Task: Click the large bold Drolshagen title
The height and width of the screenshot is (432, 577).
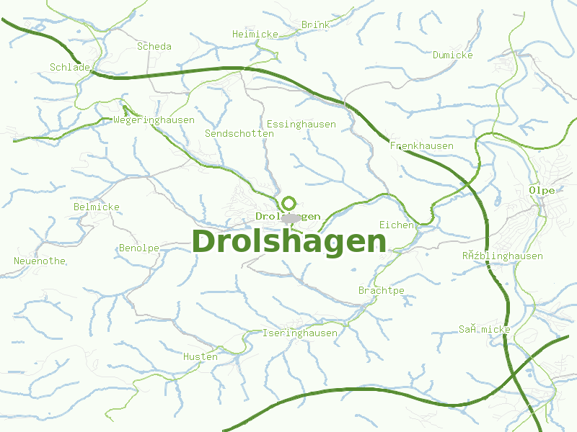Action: [x=289, y=242]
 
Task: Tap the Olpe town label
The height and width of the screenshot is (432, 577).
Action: [x=542, y=190]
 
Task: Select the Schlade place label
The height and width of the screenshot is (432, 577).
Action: [x=70, y=67]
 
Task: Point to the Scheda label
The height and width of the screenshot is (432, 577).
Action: [x=154, y=46]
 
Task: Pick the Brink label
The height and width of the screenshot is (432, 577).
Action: [x=315, y=24]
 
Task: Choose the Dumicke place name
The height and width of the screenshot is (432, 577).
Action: [x=452, y=55]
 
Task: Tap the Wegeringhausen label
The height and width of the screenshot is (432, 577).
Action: [x=154, y=120]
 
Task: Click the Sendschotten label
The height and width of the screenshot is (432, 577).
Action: [x=239, y=133]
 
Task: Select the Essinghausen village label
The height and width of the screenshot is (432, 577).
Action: [x=301, y=124]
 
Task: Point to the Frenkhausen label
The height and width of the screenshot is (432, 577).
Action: [x=421, y=145]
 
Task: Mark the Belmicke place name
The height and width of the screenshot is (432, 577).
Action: [x=96, y=207]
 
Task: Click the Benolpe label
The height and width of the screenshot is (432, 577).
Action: [x=139, y=248]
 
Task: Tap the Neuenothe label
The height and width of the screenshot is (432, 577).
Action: [x=40, y=261]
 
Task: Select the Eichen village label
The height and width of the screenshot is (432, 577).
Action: [x=397, y=225]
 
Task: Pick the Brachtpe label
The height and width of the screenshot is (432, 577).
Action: [x=381, y=290]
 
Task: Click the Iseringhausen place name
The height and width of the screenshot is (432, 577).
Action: [x=299, y=333]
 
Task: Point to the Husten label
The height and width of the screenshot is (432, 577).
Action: [x=200, y=356]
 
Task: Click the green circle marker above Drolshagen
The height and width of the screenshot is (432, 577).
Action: [x=289, y=203]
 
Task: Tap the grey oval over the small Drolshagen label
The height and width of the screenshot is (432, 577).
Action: [x=291, y=217]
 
